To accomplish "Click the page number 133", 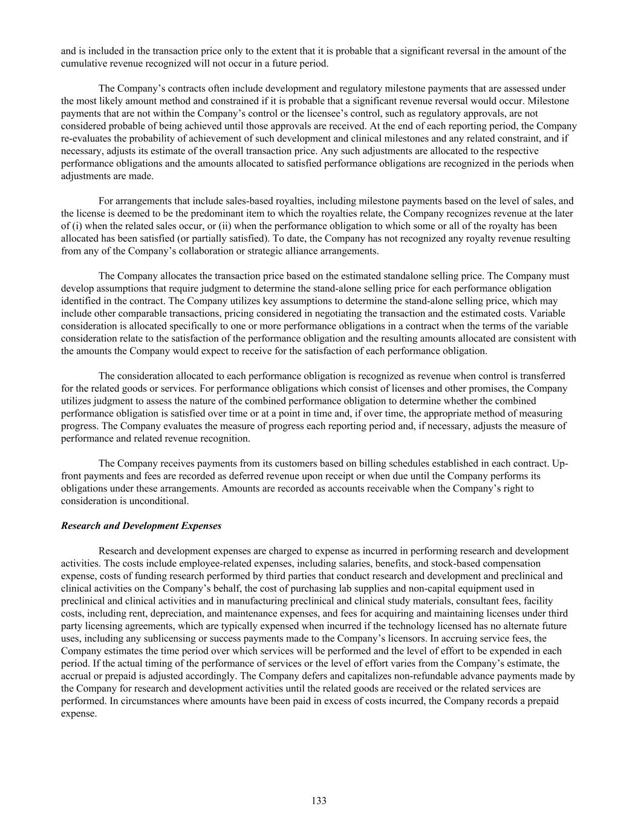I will click(x=319, y=801).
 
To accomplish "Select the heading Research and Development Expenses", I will click(x=141, y=526).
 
